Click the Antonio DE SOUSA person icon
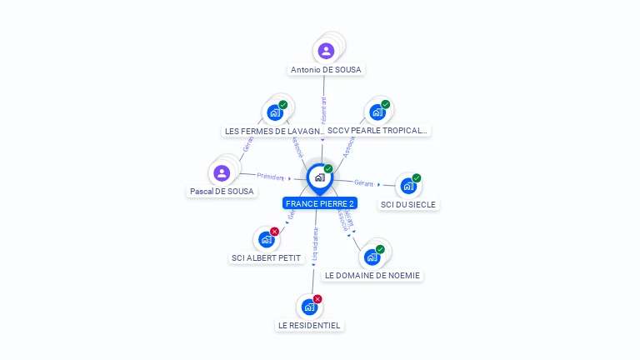click(x=326, y=51)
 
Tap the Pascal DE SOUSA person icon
click(x=222, y=172)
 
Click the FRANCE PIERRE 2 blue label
click(x=320, y=203)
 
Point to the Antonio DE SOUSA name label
click(x=326, y=70)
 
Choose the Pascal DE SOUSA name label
click(x=222, y=192)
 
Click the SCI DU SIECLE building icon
click(x=408, y=187)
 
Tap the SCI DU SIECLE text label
click(x=408, y=204)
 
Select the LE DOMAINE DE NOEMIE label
click(x=372, y=275)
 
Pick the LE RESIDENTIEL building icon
click(x=309, y=307)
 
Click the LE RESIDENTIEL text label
click(x=309, y=325)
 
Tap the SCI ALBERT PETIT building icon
click(x=266, y=239)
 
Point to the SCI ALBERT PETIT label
click(x=266, y=258)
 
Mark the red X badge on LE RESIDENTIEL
click(x=317, y=299)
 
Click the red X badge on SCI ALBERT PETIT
click(x=274, y=232)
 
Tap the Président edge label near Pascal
click(x=271, y=177)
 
